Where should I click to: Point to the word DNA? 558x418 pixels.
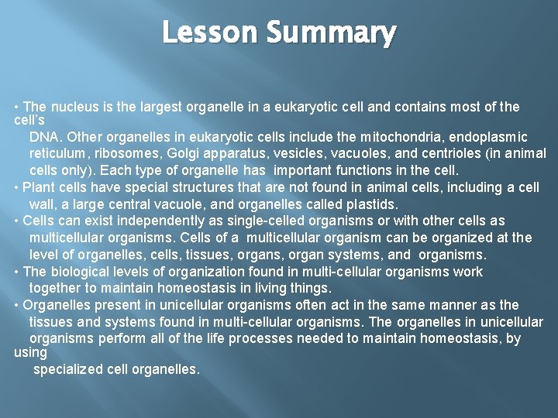point(45,137)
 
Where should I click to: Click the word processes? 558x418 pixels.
point(268,339)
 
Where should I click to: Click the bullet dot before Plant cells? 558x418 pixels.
point(17,187)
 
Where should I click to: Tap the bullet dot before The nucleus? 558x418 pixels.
point(17,107)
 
